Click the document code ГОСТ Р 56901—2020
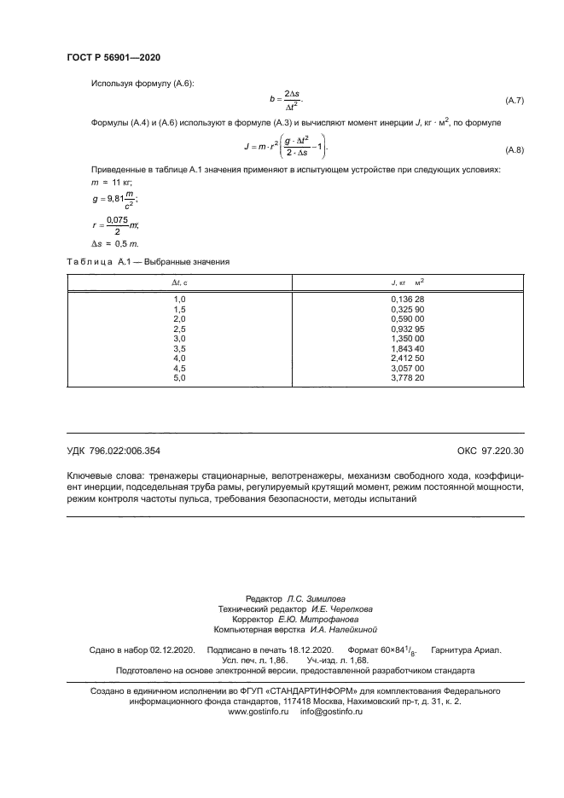point(113,57)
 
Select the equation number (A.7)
point(515,102)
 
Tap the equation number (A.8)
point(515,150)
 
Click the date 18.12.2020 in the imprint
point(307,649)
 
